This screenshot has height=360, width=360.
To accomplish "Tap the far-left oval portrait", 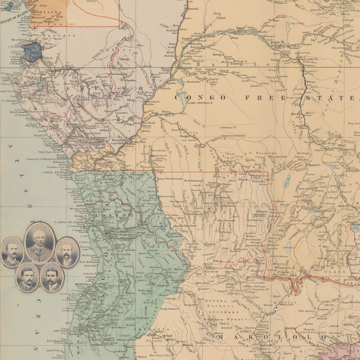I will [12, 253].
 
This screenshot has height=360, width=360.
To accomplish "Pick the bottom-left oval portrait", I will [27, 278].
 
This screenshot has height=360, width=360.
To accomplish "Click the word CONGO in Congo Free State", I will [193, 97].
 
